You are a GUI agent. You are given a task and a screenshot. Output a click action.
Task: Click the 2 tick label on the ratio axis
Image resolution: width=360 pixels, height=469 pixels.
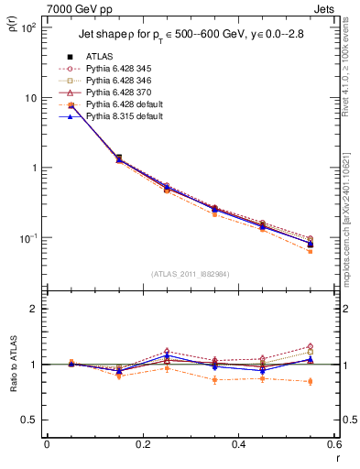tap(34, 309)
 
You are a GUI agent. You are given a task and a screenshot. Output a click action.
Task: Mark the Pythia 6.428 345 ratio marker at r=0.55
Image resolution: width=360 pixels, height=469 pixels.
tap(311, 346)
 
